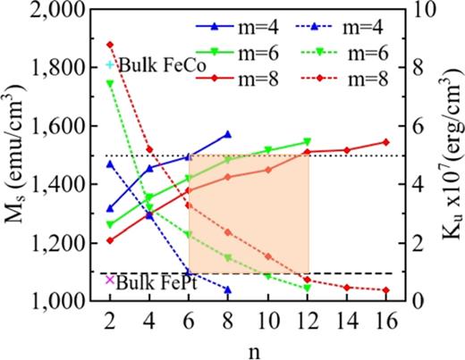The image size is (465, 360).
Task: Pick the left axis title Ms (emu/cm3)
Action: click(15, 155)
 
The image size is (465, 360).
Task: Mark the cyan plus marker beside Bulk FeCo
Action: click(110, 65)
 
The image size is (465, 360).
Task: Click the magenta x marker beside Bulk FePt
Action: click(110, 280)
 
